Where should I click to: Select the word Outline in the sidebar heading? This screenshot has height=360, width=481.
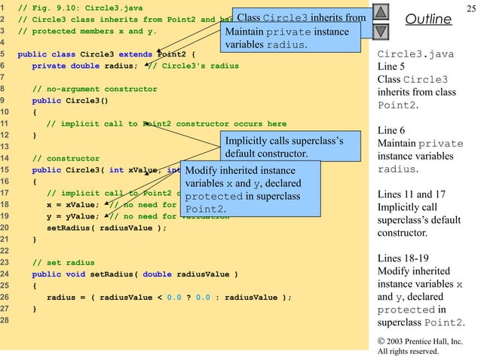click(427, 18)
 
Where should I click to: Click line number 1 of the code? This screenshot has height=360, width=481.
click(4, 8)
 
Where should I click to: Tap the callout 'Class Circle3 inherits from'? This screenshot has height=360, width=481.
click(301, 17)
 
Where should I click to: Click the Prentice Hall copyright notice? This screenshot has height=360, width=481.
click(419, 346)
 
